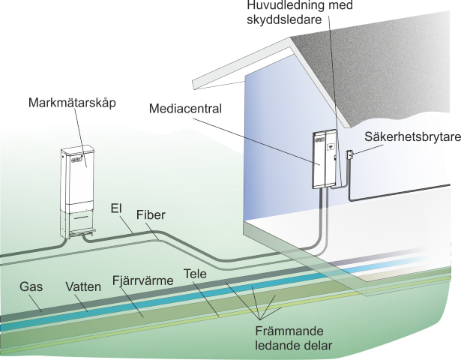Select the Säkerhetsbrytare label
coord(412,138)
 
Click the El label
coord(116,205)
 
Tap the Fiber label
coord(151,215)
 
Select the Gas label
coord(30,286)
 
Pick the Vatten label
coord(82,286)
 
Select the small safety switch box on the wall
coord(349,155)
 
